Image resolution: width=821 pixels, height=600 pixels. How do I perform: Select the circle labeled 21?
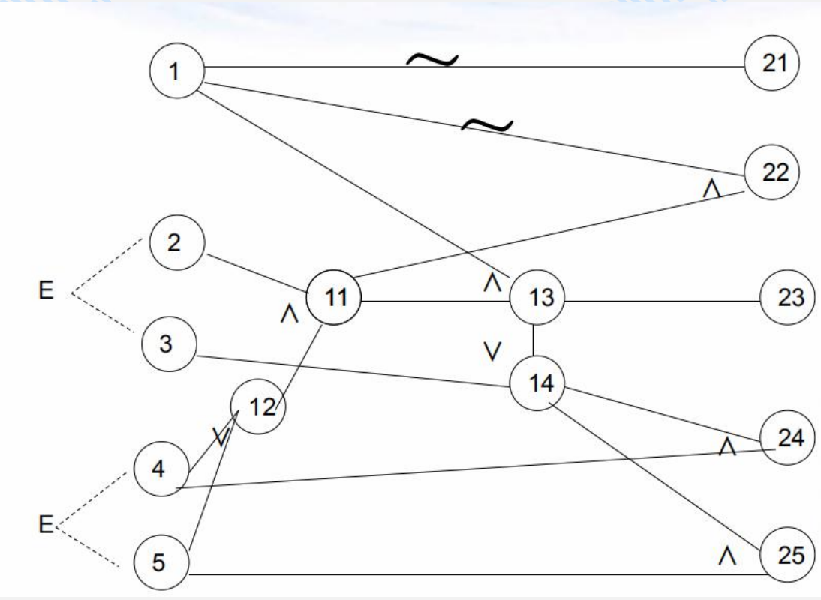(773, 63)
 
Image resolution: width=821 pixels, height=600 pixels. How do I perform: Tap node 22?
(773, 172)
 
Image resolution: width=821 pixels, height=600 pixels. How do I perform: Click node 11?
(334, 298)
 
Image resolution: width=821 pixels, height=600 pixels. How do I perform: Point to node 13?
(537, 298)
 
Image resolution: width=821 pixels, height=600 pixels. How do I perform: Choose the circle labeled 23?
(788, 298)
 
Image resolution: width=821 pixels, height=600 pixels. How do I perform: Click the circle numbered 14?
(537, 383)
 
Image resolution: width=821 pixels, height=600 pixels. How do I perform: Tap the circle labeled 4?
(161, 470)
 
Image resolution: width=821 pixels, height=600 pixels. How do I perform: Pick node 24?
(788, 437)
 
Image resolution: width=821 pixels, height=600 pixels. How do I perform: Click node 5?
(161, 562)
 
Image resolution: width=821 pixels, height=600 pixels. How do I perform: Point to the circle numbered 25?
(788, 556)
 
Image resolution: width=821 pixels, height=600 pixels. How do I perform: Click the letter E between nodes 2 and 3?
(47, 290)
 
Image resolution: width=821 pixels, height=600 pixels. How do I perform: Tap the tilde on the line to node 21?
(432, 61)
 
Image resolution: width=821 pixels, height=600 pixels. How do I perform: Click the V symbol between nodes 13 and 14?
(492, 352)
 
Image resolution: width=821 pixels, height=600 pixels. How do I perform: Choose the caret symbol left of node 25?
(726, 557)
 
